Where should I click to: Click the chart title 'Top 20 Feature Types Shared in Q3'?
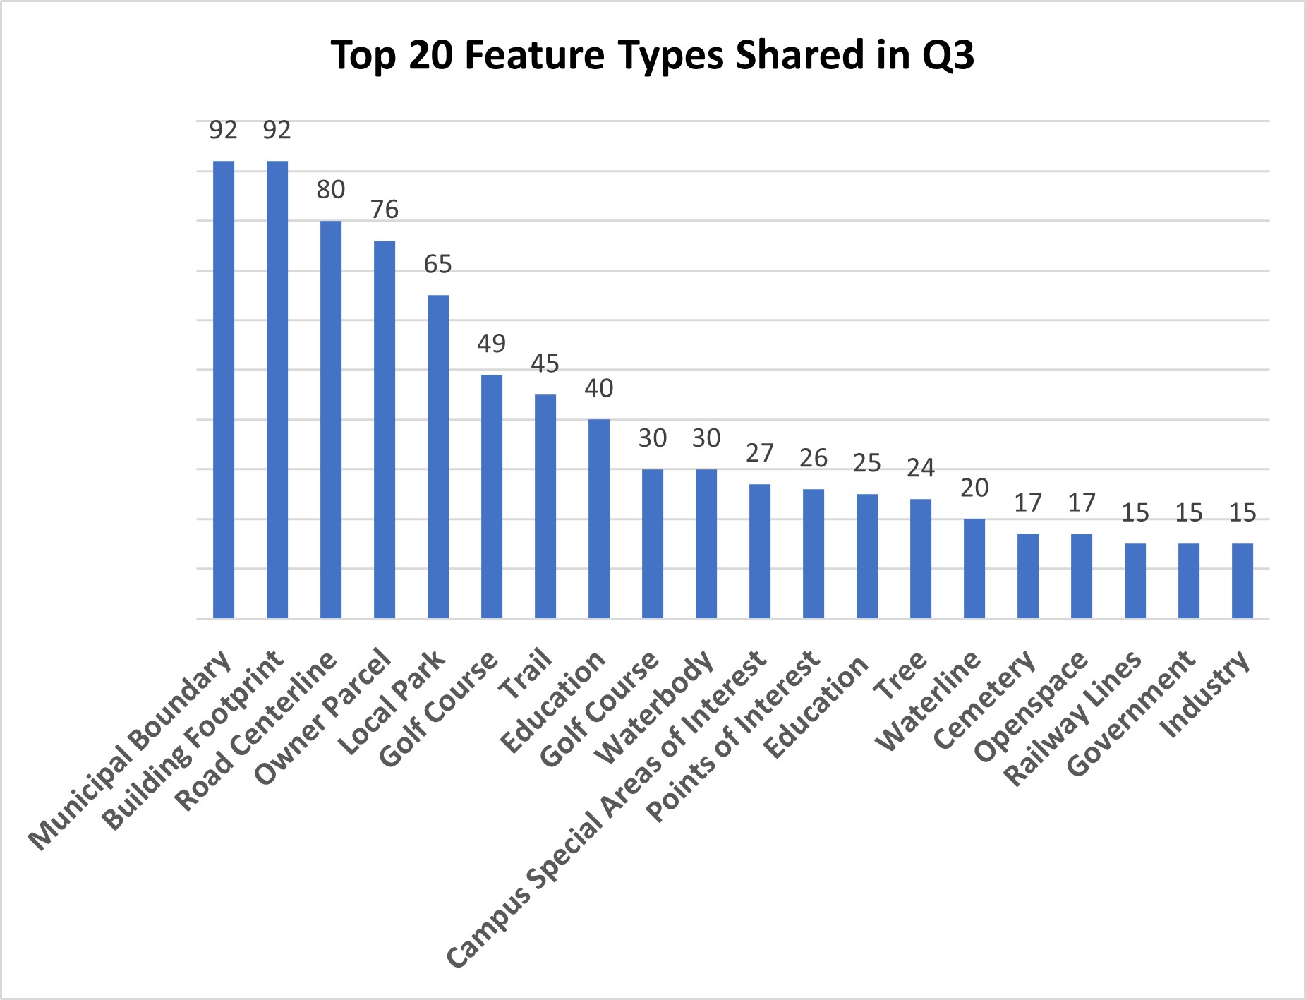click(652, 55)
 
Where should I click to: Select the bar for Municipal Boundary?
click(224, 390)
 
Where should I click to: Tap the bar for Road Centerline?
click(331, 420)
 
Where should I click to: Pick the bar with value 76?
click(385, 430)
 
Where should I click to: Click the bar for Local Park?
click(438, 457)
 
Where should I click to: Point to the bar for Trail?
click(545, 506)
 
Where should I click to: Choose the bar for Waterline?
click(974, 569)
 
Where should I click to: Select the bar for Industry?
click(1242, 581)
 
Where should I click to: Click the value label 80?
click(331, 190)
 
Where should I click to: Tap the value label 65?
click(438, 265)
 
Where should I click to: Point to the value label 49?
click(492, 344)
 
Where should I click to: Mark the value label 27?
click(760, 453)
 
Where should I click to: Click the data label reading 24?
click(921, 468)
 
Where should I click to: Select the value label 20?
click(974, 488)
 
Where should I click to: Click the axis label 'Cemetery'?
click(985, 700)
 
